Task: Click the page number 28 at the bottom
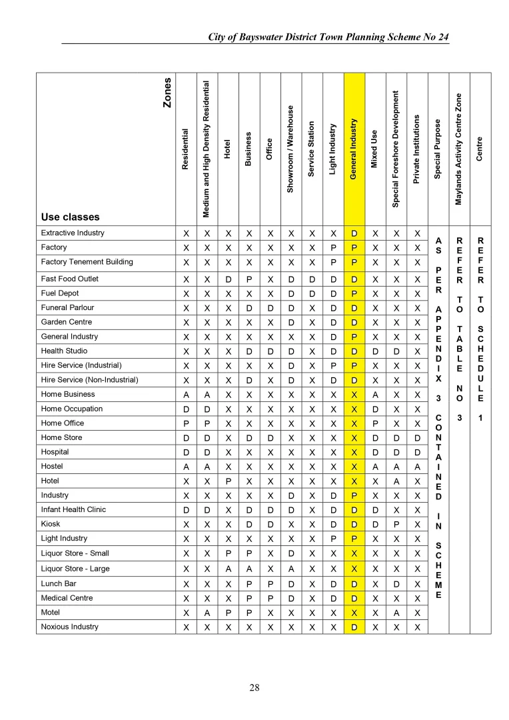[254, 687]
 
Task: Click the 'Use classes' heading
[70, 217]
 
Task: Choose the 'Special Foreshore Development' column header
[395, 149]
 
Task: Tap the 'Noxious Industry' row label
[69, 627]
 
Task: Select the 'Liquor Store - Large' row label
[75, 569]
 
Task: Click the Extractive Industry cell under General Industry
[354, 234]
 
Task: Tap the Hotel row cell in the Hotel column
[228, 481]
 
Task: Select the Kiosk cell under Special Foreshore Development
[396, 525]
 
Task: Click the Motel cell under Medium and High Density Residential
[207, 613]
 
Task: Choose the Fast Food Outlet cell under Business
[249, 279]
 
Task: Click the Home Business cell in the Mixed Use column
[375, 395]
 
